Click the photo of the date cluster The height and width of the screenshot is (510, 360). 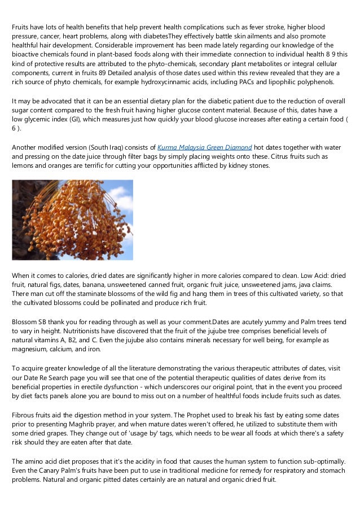(72, 220)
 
